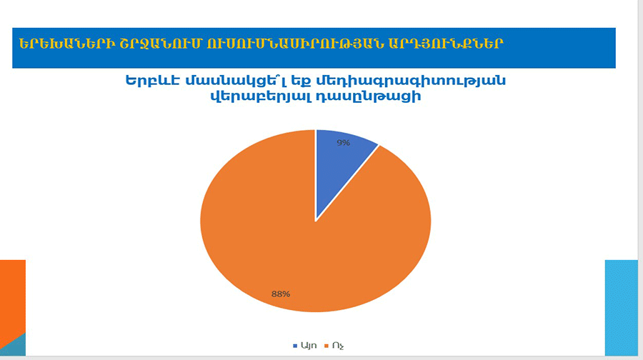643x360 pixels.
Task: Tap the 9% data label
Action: (x=343, y=143)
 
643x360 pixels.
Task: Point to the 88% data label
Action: (x=281, y=294)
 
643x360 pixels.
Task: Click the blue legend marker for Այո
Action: (x=295, y=346)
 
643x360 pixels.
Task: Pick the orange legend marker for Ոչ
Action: (x=327, y=346)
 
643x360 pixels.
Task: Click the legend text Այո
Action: (x=309, y=346)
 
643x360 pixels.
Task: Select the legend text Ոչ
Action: (x=338, y=346)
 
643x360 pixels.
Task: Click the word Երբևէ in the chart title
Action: (x=153, y=81)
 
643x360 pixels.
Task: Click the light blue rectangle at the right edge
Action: (x=622, y=308)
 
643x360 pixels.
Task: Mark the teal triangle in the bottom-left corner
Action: (x=16, y=347)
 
